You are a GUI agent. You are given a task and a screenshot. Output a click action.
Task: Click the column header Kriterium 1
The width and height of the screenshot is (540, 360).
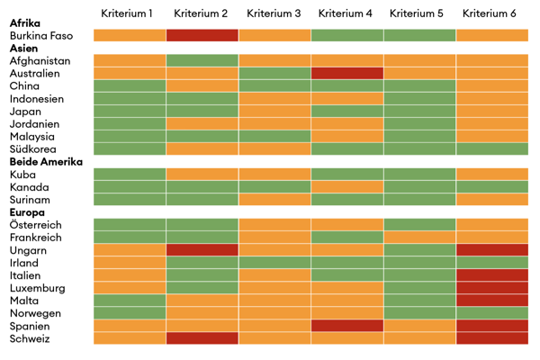(x=129, y=13)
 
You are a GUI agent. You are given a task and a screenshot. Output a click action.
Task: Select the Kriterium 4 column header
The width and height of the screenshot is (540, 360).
(x=346, y=13)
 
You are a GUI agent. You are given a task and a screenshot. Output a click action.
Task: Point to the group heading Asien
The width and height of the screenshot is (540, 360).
(x=24, y=48)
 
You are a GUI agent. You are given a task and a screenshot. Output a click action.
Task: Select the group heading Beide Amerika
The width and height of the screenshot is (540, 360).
(x=46, y=162)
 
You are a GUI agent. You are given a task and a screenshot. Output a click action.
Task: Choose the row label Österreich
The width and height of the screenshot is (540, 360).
(x=37, y=225)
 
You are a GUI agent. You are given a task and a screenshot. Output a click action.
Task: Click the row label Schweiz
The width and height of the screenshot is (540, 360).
(x=31, y=338)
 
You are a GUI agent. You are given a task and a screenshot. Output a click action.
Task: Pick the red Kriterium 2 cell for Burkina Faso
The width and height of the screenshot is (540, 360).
(x=202, y=35)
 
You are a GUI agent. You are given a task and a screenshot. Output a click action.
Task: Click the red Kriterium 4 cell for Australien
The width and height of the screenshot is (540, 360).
(x=346, y=73)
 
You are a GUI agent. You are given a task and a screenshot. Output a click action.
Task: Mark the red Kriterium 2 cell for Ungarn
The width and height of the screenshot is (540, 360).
(x=202, y=250)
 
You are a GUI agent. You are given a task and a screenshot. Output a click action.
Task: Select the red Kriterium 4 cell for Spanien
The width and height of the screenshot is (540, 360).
(x=346, y=326)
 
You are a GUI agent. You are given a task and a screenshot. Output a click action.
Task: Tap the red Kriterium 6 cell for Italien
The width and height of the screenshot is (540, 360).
(x=491, y=275)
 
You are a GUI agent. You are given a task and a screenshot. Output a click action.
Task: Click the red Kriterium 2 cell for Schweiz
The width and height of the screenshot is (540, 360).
(x=202, y=338)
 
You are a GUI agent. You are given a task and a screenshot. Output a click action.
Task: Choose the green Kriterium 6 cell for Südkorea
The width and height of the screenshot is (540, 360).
(x=491, y=149)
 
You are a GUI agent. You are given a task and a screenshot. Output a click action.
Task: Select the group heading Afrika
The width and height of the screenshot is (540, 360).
(x=25, y=22)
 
